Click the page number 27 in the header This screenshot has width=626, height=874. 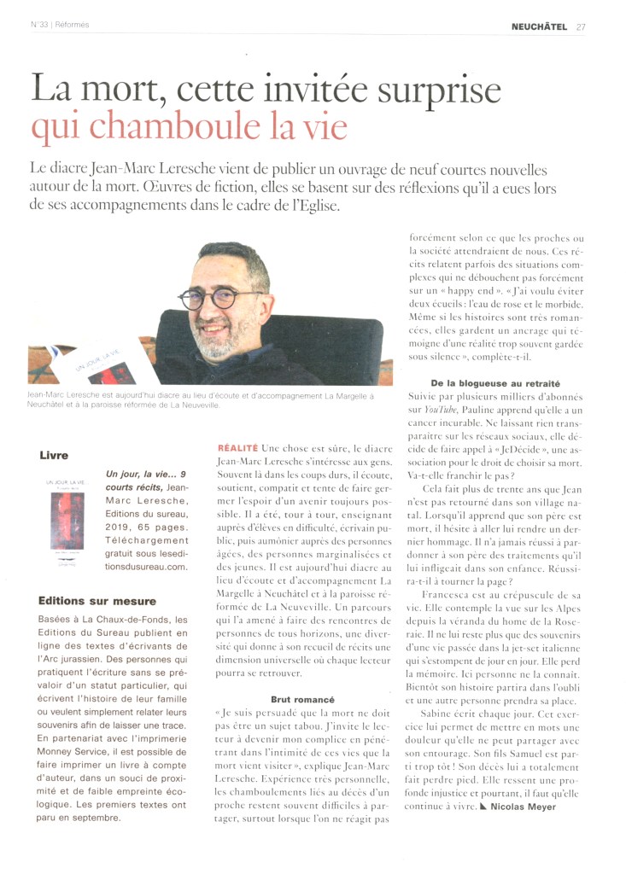coord(581,25)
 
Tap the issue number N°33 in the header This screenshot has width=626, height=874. coord(38,25)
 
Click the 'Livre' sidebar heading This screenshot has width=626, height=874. coord(54,455)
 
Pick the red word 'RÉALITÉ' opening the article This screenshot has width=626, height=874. coord(238,447)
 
